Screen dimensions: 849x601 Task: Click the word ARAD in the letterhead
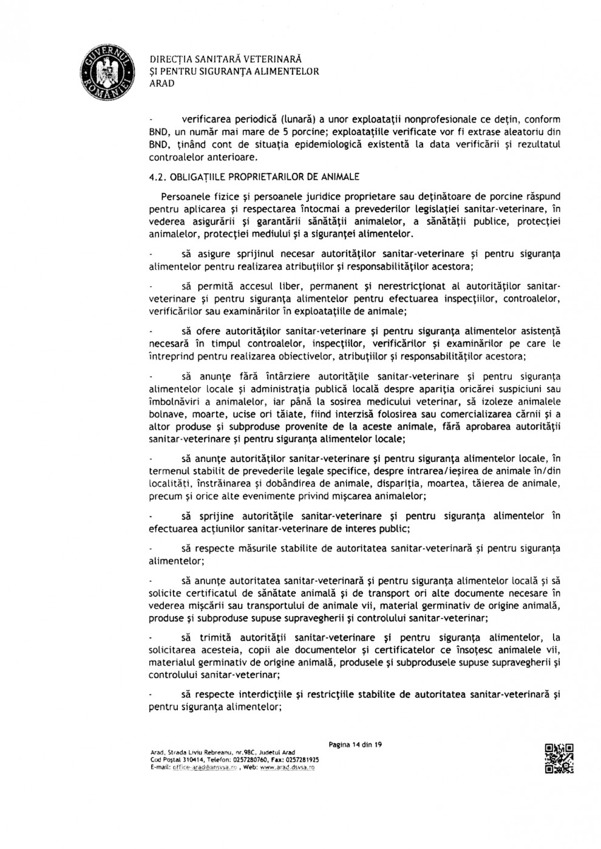coord(161,84)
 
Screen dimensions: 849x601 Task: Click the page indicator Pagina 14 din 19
coord(355,744)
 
